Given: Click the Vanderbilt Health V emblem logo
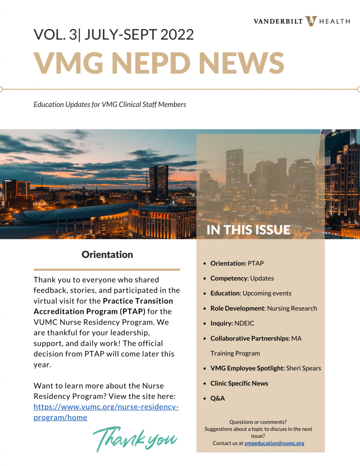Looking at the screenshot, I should point(311,21).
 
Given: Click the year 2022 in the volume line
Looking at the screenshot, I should point(175,35).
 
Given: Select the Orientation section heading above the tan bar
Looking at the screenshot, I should point(107,254).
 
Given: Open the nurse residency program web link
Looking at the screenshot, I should point(106,412).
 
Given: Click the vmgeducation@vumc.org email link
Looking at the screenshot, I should point(274,443).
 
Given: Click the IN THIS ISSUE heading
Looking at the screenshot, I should point(248,230).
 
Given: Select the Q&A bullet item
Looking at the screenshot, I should point(218,398).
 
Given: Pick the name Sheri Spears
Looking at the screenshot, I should point(304,368).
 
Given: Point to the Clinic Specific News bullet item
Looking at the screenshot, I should point(239,383).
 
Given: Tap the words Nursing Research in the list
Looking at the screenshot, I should point(292,308).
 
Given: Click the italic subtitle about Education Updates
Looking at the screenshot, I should point(110,104).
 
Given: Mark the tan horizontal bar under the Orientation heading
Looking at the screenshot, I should point(107,269).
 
